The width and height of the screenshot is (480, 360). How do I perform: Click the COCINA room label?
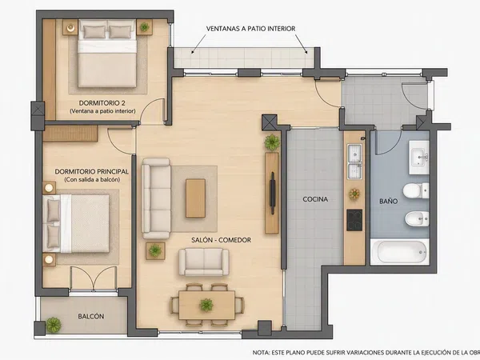tap(315, 199)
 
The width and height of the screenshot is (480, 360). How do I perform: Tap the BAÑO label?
tap(389, 201)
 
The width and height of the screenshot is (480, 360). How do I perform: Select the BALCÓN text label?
tap(91, 316)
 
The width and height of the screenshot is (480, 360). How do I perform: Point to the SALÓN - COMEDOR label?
tap(221, 240)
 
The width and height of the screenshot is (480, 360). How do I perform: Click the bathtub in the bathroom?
tap(399, 252)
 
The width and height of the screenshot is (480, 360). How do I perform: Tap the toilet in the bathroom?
tap(416, 190)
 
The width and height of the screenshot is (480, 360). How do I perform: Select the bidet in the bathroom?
tap(417, 218)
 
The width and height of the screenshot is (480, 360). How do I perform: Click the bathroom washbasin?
tap(419, 158)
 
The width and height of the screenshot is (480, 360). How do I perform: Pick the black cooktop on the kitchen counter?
tap(354, 220)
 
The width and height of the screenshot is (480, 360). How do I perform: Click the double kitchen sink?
tap(354, 162)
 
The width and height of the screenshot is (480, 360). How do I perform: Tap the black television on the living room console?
tap(272, 193)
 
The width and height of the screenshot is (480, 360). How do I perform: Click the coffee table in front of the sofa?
tap(195, 198)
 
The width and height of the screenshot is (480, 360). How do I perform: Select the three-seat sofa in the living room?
tap(156, 198)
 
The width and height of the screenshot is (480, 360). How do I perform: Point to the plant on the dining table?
tap(206, 306)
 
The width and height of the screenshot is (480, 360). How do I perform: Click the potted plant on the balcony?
tap(54, 325)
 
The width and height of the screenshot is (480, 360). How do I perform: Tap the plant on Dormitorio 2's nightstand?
tap(144, 27)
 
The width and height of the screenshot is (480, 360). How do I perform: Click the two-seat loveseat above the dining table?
tap(203, 262)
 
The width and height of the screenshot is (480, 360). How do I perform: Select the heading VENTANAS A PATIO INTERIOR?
tap(250, 29)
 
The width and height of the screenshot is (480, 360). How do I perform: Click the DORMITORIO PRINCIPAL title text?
tap(91, 171)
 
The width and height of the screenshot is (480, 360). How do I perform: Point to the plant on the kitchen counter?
tap(354, 194)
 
